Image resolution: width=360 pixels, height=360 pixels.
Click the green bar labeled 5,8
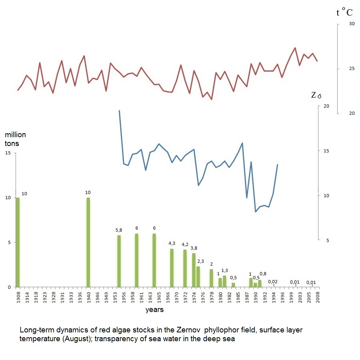point(119,261)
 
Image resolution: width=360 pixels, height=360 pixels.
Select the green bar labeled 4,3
point(172,268)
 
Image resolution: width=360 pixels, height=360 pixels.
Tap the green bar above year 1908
point(18,242)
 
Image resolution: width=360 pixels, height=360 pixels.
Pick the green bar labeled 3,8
point(194,270)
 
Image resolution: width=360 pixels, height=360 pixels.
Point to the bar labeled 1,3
point(225,281)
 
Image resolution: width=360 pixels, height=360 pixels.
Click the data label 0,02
point(273,282)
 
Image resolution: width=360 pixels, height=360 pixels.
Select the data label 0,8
point(263,274)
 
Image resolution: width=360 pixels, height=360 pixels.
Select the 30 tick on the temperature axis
point(352,24)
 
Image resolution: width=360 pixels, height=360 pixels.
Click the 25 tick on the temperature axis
point(352,69)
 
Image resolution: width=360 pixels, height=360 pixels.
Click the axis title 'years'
point(154,309)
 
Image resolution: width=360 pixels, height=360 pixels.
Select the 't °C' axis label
point(344,12)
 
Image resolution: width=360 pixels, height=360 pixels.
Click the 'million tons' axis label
point(15,139)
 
